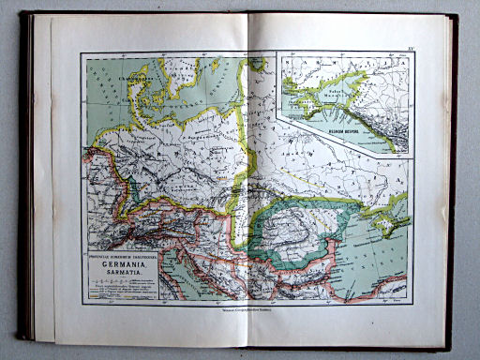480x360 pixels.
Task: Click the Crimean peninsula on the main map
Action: point(387,215)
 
